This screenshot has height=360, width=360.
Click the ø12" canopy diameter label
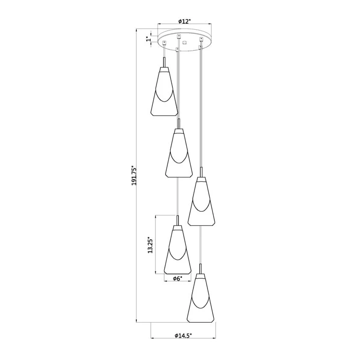pos(185,21)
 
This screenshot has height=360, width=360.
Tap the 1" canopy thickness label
pos(149,39)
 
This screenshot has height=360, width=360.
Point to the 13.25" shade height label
pos(150,245)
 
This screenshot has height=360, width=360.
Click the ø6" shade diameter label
pos(177,279)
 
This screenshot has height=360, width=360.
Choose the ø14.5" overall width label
pos(183,335)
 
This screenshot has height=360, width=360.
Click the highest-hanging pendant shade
pos(164,91)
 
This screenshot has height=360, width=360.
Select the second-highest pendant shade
pos(179,153)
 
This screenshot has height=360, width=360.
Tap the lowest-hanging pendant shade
pos(201,298)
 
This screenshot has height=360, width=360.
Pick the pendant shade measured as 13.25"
pos(177,249)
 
